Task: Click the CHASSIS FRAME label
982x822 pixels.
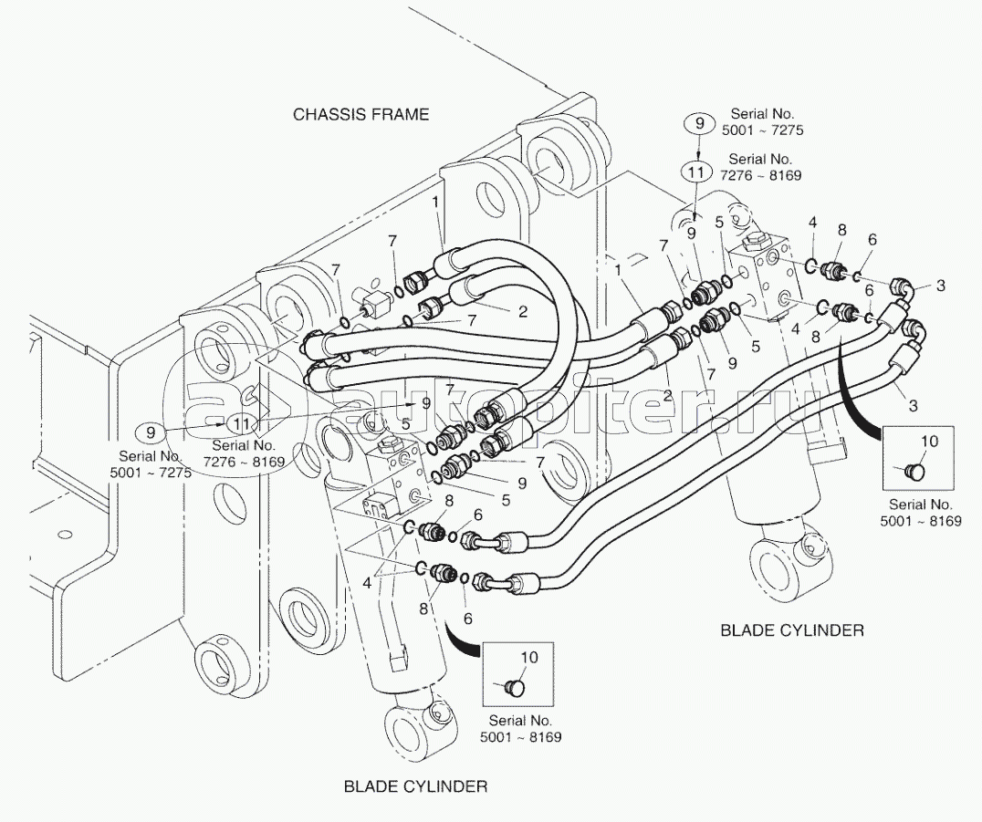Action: (x=361, y=115)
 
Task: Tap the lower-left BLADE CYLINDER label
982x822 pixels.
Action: (x=415, y=786)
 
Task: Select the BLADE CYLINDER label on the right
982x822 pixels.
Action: (x=792, y=630)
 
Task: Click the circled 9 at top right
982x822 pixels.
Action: (x=700, y=123)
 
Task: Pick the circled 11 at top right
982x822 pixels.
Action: (x=697, y=172)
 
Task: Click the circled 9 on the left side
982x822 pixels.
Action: (x=151, y=432)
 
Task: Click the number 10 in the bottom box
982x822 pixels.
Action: (x=529, y=658)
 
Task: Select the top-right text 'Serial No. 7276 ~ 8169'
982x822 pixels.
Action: (x=761, y=168)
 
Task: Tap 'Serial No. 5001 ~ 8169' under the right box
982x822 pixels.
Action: (x=921, y=512)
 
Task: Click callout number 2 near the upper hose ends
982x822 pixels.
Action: (x=523, y=311)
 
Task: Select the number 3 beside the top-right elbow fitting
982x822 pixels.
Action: (x=941, y=286)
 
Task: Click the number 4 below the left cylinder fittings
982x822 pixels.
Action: (x=367, y=584)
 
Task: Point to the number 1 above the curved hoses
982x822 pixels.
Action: (x=436, y=203)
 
